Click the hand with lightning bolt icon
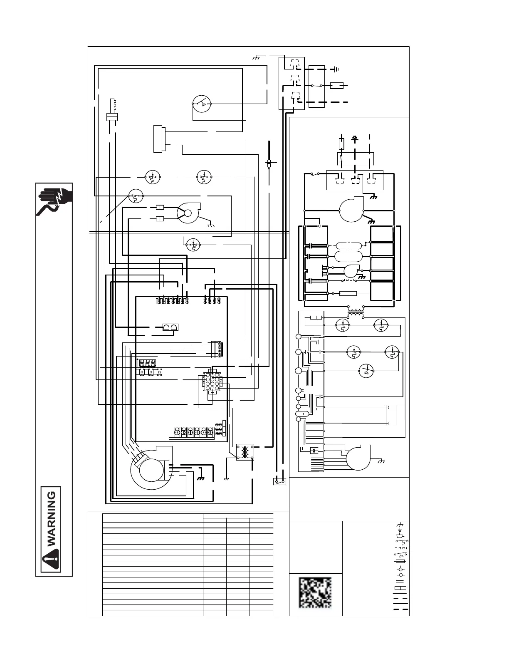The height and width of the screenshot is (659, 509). [54, 199]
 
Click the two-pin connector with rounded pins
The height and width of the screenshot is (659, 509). [170, 327]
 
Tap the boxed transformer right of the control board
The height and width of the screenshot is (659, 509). [245, 452]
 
